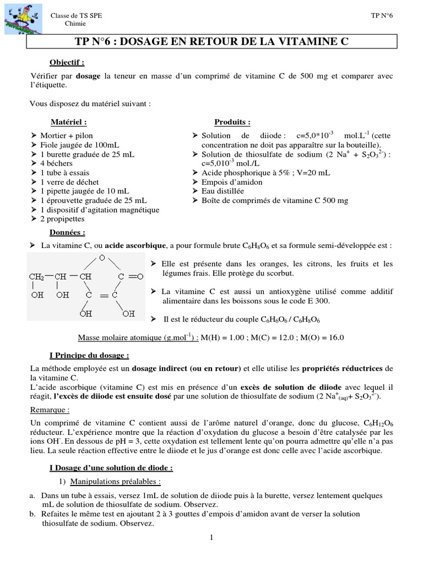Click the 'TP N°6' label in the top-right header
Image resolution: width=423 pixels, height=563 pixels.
coord(383,16)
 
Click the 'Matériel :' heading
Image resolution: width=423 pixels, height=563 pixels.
coord(68,122)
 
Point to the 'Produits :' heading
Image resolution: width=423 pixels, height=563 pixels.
coord(232,122)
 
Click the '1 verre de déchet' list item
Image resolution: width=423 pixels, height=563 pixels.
coord(70,182)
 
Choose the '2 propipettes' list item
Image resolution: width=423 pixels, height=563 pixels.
coord(63,219)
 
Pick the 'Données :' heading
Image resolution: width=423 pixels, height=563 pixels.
coord(67,233)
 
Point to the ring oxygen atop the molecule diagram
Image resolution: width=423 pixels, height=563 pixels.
coord(102,257)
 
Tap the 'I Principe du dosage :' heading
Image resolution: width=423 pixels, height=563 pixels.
coord(89,355)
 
